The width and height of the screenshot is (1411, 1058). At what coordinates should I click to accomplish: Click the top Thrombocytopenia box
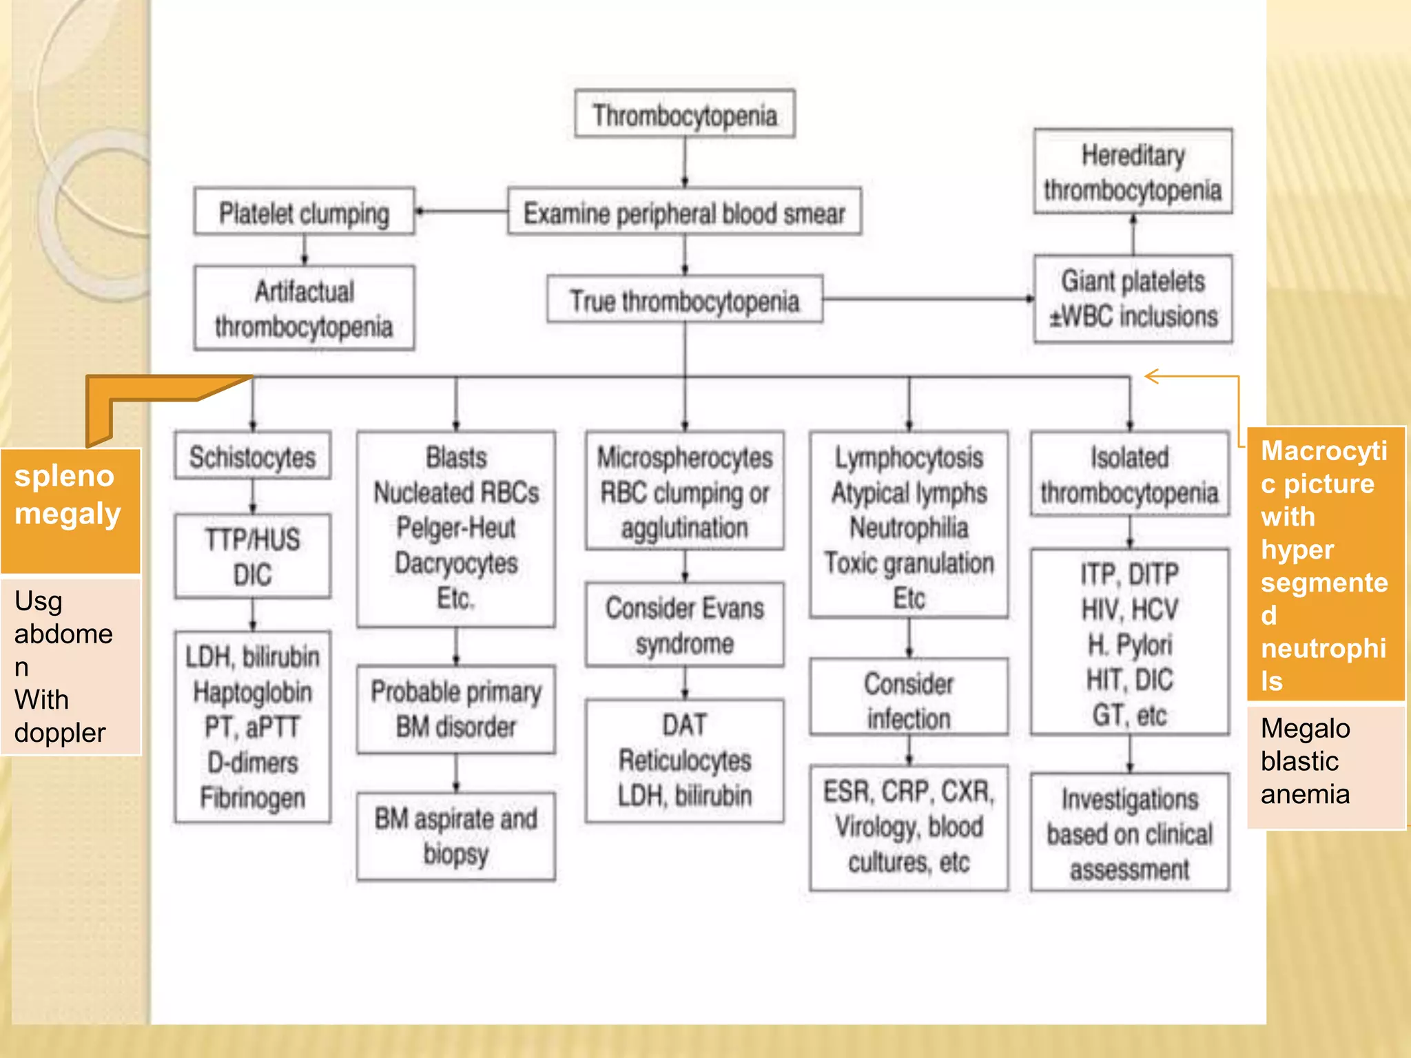(x=684, y=114)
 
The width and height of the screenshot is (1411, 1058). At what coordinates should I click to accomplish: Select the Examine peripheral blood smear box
(x=684, y=212)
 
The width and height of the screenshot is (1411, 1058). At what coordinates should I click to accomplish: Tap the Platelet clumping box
(x=304, y=212)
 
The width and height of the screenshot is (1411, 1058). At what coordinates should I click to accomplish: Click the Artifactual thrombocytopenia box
(x=304, y=309)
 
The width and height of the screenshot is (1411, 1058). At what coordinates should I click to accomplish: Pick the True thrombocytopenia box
(x=684, y=300)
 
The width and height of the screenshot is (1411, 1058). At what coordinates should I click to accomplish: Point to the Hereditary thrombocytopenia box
(x=1132, y=172)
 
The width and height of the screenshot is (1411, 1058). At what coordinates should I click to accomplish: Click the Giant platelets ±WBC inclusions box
(x=1132, y=299)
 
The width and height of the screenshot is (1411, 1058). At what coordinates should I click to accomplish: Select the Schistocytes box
(x=252, y=456)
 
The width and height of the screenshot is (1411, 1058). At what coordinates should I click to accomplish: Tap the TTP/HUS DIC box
(x=252, y=557)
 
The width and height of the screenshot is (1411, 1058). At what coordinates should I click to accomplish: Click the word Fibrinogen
(x=252, y=798)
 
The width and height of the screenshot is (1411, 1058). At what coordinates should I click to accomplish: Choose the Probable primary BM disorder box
(x=455, y=709)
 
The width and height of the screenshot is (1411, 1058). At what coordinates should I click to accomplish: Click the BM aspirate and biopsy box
(x=455, y=836)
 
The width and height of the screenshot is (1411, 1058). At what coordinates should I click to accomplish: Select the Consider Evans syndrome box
(x=684, y=625)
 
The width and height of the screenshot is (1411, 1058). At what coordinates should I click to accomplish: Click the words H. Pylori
(x=1129, y=645)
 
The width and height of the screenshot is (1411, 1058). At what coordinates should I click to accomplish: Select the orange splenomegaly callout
(x=70, y=510)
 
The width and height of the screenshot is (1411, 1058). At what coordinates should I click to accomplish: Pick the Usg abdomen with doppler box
(x=70, y=667)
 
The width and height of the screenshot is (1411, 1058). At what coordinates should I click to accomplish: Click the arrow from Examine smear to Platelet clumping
(x=460, y=211)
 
